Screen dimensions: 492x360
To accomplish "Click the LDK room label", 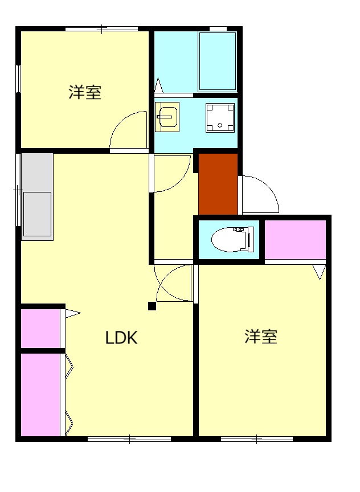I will coord(121,338).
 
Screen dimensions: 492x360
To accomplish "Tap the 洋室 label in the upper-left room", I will coord(85,92).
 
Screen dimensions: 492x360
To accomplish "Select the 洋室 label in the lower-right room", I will coord(261,337).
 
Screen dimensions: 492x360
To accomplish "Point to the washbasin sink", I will coord(167,116).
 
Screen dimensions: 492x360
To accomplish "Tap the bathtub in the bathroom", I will coord(217,61).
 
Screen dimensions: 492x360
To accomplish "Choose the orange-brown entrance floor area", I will coord(218,183).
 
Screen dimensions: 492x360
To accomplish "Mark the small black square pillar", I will coord(152,306).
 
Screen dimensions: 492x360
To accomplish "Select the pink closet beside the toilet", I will coord(295,239).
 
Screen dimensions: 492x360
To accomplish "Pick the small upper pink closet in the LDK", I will coord(40,328).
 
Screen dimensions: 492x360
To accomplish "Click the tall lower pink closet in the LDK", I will coord(40,395).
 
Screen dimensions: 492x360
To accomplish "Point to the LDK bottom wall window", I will coord(129,438).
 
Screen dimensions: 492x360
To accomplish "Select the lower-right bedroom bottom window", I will coord(257,438).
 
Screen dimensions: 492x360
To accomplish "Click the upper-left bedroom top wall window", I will coord(101,28).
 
